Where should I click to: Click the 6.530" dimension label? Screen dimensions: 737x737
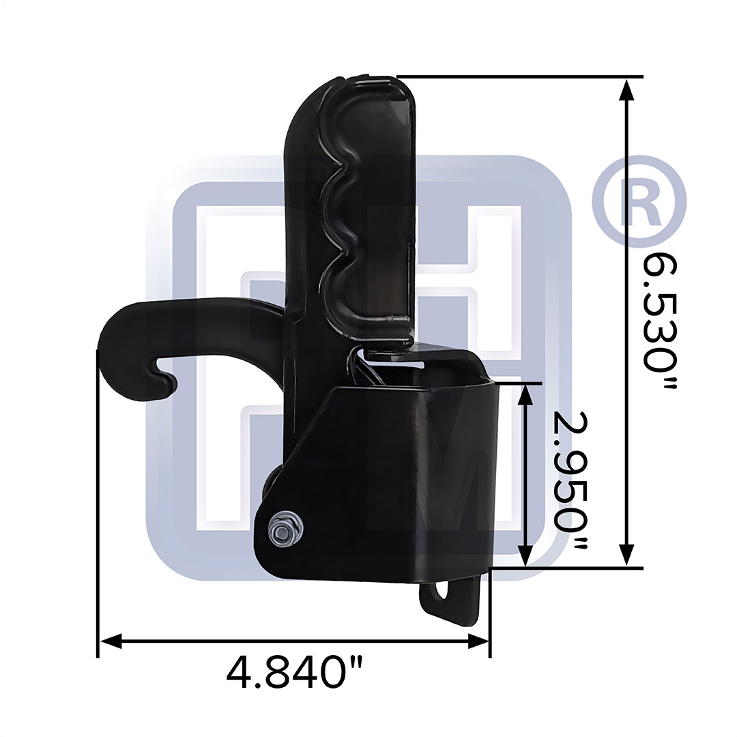click(x=660, y=321)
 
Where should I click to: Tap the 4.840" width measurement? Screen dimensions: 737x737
click(x=294, y=672)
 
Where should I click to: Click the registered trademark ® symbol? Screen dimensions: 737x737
click(x=639, y=199)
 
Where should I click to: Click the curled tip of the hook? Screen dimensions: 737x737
click(x=168, y=384)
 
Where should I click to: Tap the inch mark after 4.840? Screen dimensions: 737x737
click(x=354, y=662)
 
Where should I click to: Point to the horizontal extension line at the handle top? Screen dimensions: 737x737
click(x=519, y=76)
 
